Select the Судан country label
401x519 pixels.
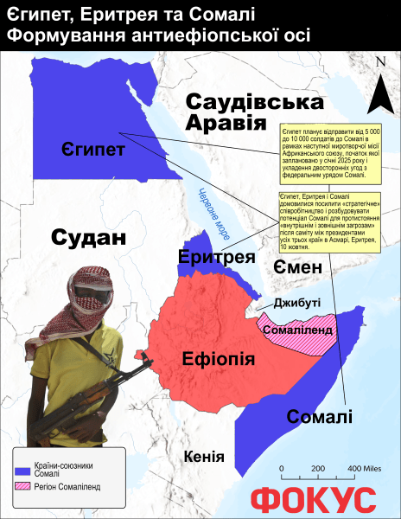83,238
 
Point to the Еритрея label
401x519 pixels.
216,256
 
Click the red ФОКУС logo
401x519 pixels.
313,501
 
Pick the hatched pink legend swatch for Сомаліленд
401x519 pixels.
23,487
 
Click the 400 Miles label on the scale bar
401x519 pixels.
364,468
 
